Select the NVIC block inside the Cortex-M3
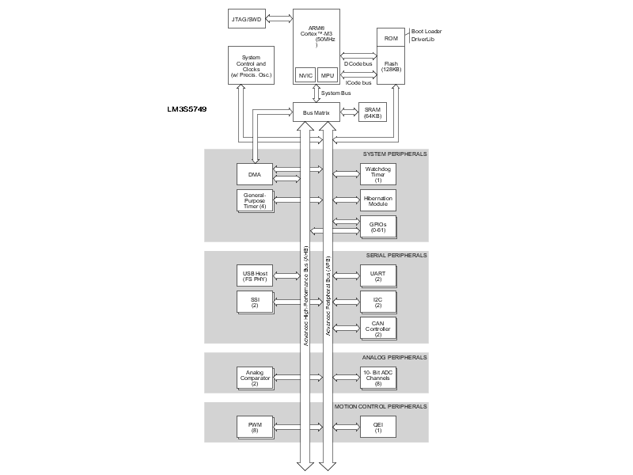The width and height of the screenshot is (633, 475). (x=305, y=74)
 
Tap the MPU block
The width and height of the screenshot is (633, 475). (x=328, y=74)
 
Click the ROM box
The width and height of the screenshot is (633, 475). (x=391, y=38)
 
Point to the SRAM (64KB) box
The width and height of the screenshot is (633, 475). (x=372, y=113)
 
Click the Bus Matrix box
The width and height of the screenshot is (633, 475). (x=316, y=113)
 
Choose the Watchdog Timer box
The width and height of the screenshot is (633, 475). (x=378, y=174)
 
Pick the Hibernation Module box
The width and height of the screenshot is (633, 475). (x=378, y=200)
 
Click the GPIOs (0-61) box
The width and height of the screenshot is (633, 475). (x=378, y=227)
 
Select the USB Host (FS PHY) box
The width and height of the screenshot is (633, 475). (x=255, y=276)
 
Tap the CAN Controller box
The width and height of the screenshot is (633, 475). (x=378, y=329)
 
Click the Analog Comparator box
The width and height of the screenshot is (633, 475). (x=255, y=378)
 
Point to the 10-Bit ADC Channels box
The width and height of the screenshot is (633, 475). (x=378, y=378)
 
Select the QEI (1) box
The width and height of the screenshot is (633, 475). (x=378, y=427)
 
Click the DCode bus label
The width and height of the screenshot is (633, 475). (x=362, y=63)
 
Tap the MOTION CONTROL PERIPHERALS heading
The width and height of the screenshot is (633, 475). (x=380, y=406)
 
